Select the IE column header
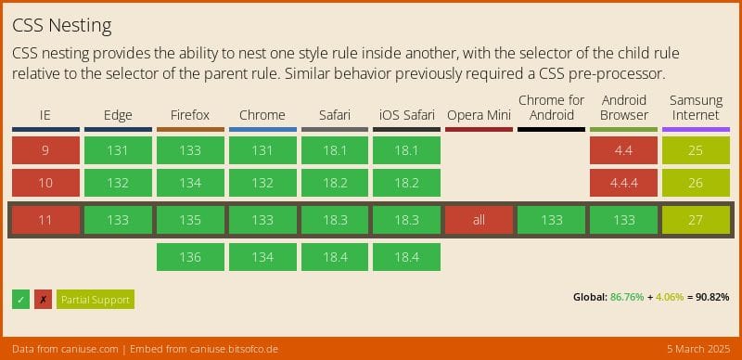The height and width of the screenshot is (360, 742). tap(45, 115)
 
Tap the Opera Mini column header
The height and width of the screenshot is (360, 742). tap(479, 115)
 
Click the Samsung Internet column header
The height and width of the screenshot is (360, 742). tap(696, 108)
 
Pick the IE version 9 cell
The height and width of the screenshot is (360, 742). tap(45, 150)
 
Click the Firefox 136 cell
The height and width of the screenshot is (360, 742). tap(190, 257)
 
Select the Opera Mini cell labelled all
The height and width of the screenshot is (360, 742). tap(479, 220)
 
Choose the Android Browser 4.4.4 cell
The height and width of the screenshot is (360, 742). tap(623, 183)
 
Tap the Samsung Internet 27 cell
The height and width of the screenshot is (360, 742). tap(696, 220)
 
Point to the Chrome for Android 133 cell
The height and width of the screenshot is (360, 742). tap(551, 220)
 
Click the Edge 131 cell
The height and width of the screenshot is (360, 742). tap(118, 150)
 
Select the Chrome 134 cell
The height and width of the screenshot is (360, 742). tap(262, 257)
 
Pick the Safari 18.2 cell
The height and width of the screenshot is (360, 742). tap(335, 183)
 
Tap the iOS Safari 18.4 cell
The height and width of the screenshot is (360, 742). tap(406, 257)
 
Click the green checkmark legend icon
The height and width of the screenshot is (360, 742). tap(20, 299)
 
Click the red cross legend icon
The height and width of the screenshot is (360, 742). tap(43, 299)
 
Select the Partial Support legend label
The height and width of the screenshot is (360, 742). tap(96, 299)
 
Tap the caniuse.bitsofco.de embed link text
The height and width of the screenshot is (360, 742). tap(224, 349)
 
